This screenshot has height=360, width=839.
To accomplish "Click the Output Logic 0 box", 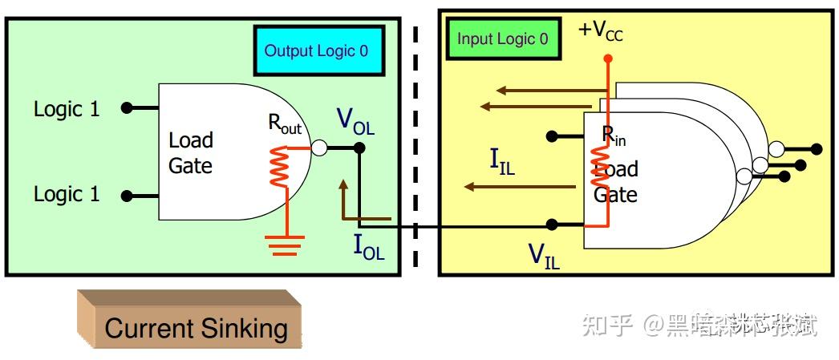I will pyautogui.click(x=318, y=51).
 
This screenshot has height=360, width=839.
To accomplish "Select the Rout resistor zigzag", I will pyautogui.click(x=278, y=166).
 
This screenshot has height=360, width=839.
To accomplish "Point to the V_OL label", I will pyautogui.click(x=355, y=122).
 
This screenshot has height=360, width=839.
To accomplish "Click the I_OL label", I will pyautogui.click(x=369, y=248).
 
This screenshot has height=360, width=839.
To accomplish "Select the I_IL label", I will pyautogui.click(x=502, y=160).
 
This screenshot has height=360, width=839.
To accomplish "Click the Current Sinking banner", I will pyautogui.click(x=196, y=328).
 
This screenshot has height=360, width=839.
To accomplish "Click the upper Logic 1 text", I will pyautogui.click(x=67, y=109).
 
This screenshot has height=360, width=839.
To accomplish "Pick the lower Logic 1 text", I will pyautogui.click(x=67, y=195).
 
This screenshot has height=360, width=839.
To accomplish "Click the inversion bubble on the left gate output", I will pyautogui.click(x=318, y=148).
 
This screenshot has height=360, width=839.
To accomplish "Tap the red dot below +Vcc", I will pyautogui.click(x=607, y=58).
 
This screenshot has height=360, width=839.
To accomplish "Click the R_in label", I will pyautogui.click(x=614, y=136).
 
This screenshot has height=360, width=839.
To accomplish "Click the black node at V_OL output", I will pyautogui.click(x=359, y=148).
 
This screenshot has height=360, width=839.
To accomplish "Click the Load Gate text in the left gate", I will pyautogui.click(x=190, y=153).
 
